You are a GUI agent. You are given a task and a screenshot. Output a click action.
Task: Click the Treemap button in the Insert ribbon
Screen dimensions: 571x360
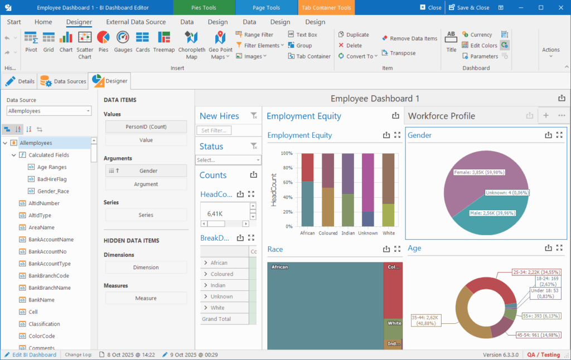164,42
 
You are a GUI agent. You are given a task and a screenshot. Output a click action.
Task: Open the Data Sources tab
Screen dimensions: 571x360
63,81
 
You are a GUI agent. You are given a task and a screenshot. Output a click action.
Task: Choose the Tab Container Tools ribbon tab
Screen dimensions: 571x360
326,8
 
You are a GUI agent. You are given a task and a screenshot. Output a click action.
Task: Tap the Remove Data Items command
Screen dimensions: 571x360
409,38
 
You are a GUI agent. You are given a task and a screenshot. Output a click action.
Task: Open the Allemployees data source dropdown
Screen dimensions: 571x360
49,111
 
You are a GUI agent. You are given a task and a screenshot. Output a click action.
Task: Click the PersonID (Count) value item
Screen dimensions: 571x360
146,127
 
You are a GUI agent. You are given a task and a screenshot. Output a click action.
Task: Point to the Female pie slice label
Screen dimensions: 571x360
479,172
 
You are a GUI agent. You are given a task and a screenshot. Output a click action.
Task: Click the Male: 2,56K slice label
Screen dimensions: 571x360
492,213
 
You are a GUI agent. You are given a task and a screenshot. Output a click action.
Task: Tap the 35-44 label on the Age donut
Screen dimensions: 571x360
426,320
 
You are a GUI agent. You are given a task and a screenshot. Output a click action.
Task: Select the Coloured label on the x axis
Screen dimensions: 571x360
328,233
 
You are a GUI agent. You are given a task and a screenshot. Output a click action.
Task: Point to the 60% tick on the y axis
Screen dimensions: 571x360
288,182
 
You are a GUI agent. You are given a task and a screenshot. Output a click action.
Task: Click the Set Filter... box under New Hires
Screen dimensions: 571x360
214,130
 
